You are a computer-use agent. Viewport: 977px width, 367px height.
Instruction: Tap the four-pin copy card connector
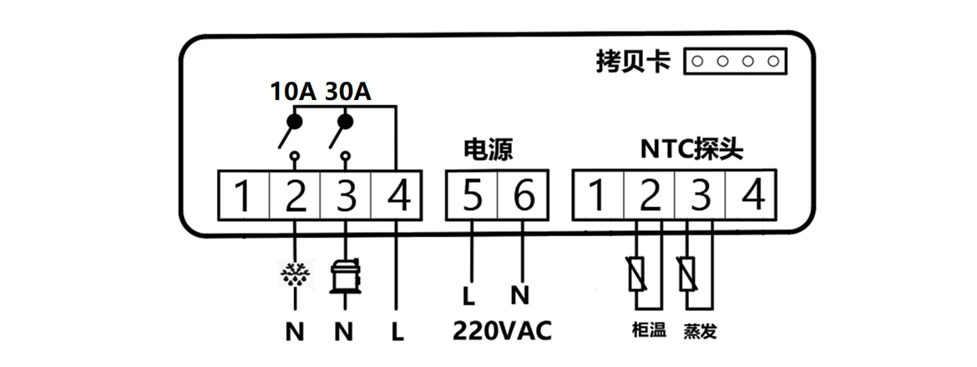click(736, 61)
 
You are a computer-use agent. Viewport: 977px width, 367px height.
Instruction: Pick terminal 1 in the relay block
click(242, 198)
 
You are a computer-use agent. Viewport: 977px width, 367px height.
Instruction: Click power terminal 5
click(472, 198)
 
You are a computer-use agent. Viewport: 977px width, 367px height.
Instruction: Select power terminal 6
click(523, 198)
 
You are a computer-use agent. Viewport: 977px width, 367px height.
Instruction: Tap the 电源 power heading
click(487, 150)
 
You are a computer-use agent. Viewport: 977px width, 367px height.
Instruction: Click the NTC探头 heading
click(691, 150)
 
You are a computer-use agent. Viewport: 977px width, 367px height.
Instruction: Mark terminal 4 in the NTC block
click(752, 198)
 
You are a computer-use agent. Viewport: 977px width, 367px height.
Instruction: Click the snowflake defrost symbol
click(294, 275)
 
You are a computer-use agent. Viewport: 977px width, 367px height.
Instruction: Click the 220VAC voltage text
click(502, 331)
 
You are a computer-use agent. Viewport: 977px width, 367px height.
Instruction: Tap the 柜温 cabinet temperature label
click(650, 331)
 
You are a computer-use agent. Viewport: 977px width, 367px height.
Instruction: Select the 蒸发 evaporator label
click(700, 331)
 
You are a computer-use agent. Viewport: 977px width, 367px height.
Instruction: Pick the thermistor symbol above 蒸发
click(689, 274)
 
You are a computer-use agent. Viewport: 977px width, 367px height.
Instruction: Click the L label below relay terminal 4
click(397, 331)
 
